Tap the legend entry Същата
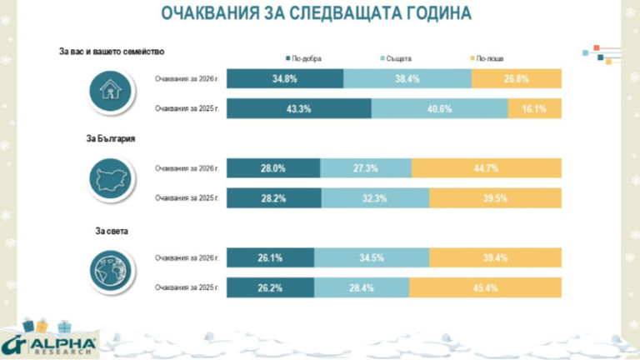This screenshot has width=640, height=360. [x=397, y=58]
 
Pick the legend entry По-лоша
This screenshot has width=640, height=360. [x=489, y=58]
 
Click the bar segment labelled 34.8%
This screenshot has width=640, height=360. [x=285, y=78]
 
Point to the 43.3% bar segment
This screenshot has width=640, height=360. [x=298, y=108]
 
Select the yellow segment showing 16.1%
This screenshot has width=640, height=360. [x=534, y=108]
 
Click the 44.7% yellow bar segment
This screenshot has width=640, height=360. [x=486, y=168]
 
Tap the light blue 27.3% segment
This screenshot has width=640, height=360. [x=365, y=168]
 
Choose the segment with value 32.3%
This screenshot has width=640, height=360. [x=375, y=198]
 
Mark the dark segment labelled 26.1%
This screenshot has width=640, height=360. [x=271, y=258]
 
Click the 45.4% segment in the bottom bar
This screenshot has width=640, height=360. [x=485, y=288]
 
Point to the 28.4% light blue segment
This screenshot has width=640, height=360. [x=362, y=288]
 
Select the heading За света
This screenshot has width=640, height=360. [x=111, y=229]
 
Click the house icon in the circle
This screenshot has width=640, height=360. [x=111, y=91]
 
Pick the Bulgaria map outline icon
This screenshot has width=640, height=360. [x=111, y=182]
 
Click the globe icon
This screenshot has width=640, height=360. [x=111, y=272]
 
